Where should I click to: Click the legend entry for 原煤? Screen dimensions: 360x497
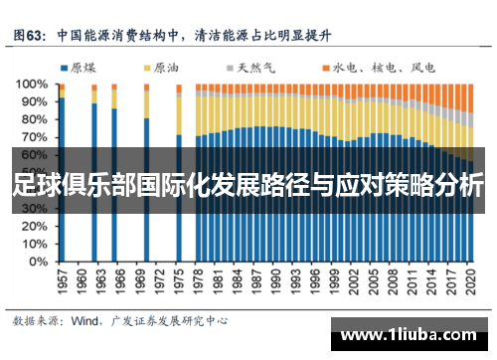[80, 68]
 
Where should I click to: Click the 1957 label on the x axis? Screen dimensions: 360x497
[62, 279]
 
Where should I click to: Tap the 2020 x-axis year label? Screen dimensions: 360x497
[469, 279]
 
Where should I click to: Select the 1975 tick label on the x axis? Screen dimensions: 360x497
[179, 279]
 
